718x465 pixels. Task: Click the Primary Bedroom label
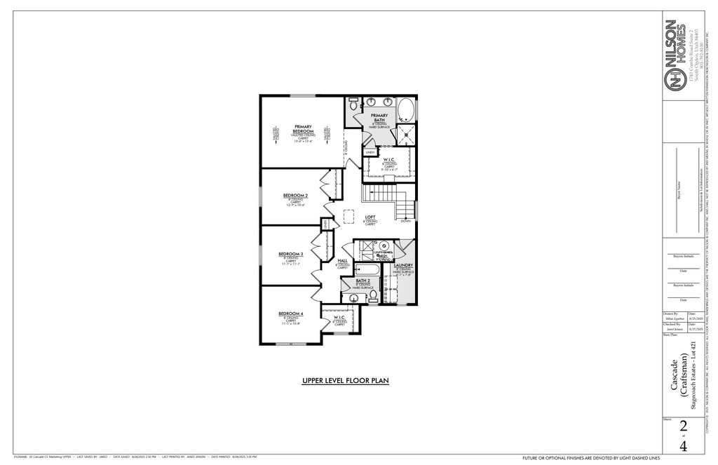click(x=303, y=129)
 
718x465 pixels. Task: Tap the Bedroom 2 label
click(x=295, y=195)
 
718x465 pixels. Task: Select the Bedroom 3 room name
click(x=290, y=253)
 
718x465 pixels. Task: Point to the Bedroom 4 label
click(x=290, y=313)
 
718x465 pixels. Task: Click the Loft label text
click(x=370, y=217)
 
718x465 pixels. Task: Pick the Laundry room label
click(x=404, y=265)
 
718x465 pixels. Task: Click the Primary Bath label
click(x=379, y=117)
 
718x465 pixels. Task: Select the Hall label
click(x=342, y=260)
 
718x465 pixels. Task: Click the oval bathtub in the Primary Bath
click(x=406, y=110)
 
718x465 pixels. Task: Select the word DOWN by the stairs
click(x=405, y=220)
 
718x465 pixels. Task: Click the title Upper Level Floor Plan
click(x=345, y=381)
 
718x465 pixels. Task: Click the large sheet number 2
click(x=682, y=426)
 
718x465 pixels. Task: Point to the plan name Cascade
click(x=674, y=375)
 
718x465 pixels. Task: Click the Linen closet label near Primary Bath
click(x=370, y=151)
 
